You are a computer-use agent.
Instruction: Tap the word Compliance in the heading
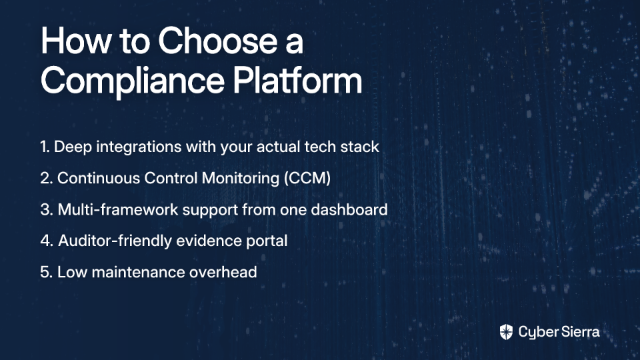pyautogui.click(x=133, y=81)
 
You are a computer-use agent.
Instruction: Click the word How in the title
pyautogui.click(x=75, y=41)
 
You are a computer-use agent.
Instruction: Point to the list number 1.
pyautogui.click(x=45, y=147)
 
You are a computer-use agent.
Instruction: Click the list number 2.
pyautogui.click(x=46, y=179)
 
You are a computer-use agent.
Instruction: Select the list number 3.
pyautogui.click(x=47, y=210)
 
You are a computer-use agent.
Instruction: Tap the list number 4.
pyautogui.click(x=47, y=241)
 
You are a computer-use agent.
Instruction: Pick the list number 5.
pyautogui.click(x=46, y=272)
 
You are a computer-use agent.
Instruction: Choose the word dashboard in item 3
pyautogui.click(x=349, y=209)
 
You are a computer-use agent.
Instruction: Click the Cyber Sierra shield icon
pyautogui.click(x=506, y=332)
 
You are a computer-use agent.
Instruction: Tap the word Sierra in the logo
pyautogui.click(x=579, y=332)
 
